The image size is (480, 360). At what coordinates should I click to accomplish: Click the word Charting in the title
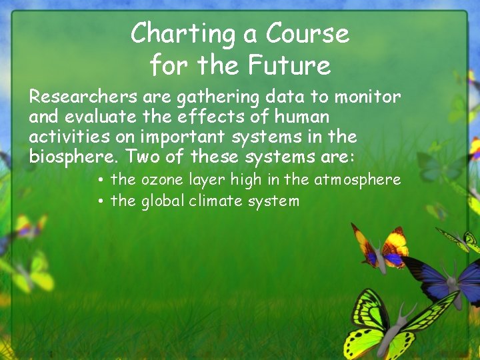point(175,33)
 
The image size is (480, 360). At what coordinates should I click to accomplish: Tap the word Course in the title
point(307,33)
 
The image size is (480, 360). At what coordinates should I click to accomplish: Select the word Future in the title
point(289,65)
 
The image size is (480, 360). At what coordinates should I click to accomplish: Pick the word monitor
point(367,97)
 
